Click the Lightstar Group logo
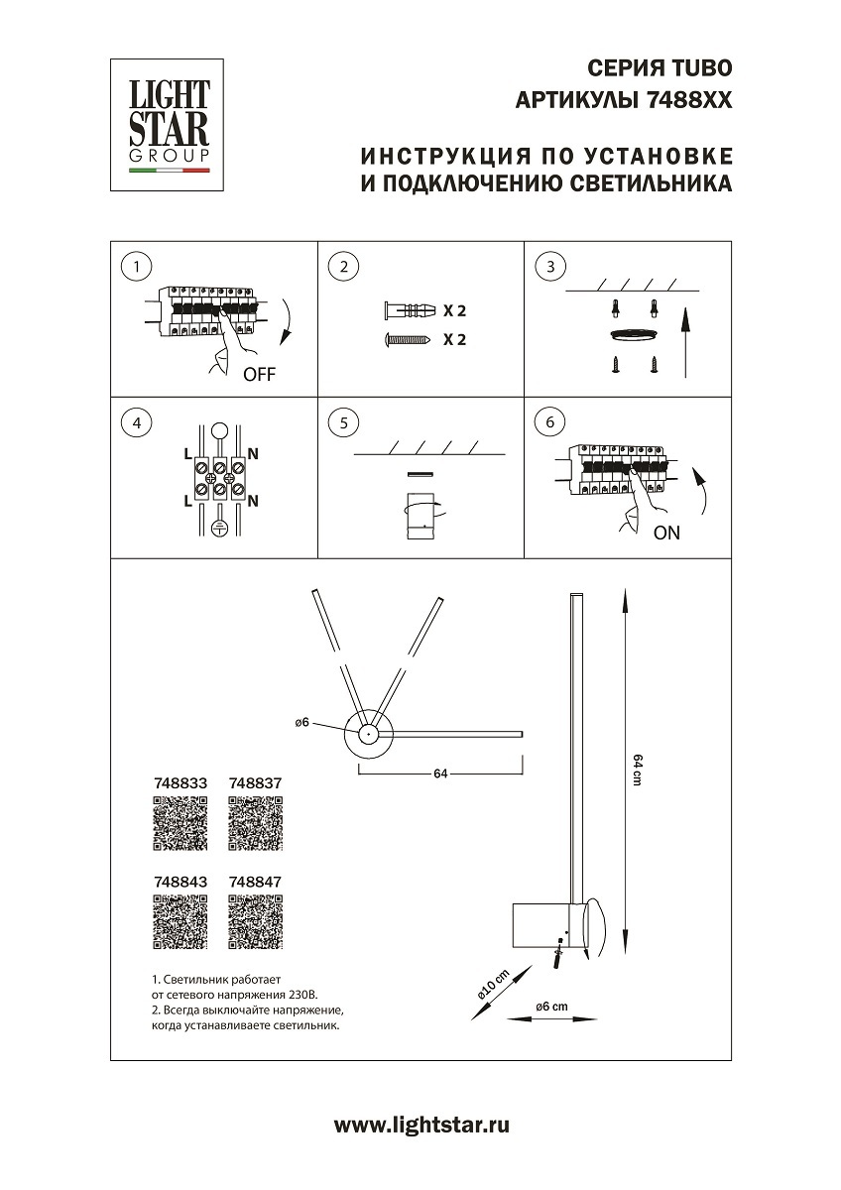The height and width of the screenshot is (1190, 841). (166, 123)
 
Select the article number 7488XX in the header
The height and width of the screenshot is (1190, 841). (688, 100)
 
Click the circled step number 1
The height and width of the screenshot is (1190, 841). (136, 266)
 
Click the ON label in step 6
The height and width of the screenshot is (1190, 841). (666, 533)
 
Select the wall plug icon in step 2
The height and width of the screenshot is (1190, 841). (409, 310)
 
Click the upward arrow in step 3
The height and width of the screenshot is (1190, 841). (684, 343)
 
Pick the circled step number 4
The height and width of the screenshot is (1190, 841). (136, 422)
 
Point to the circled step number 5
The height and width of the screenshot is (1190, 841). (343, 422)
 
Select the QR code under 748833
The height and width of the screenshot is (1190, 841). (180, 824)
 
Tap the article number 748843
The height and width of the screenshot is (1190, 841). (180, 881)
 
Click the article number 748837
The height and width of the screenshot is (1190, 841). (255, 782)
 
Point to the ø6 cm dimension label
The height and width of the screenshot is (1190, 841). (551, 1007)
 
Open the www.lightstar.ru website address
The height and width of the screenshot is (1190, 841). (421, 1125)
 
